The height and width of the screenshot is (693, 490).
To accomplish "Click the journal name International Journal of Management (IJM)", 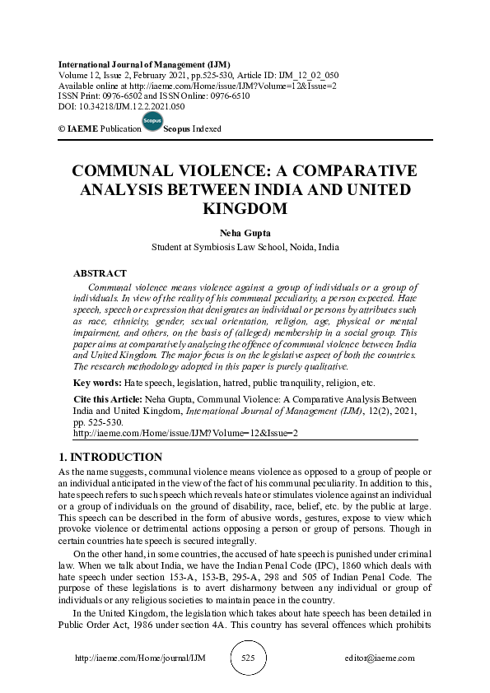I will click(144, 64).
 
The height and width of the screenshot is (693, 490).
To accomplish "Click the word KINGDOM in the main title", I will click(245, 208).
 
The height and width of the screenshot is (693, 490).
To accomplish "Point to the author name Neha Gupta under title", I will click(245, 232).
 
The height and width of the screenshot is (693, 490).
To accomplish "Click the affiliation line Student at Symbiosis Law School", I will click(245, 247).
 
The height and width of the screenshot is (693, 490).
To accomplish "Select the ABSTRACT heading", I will click(100, 273).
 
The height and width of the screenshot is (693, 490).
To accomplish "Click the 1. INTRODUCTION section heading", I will click(111, 457).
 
